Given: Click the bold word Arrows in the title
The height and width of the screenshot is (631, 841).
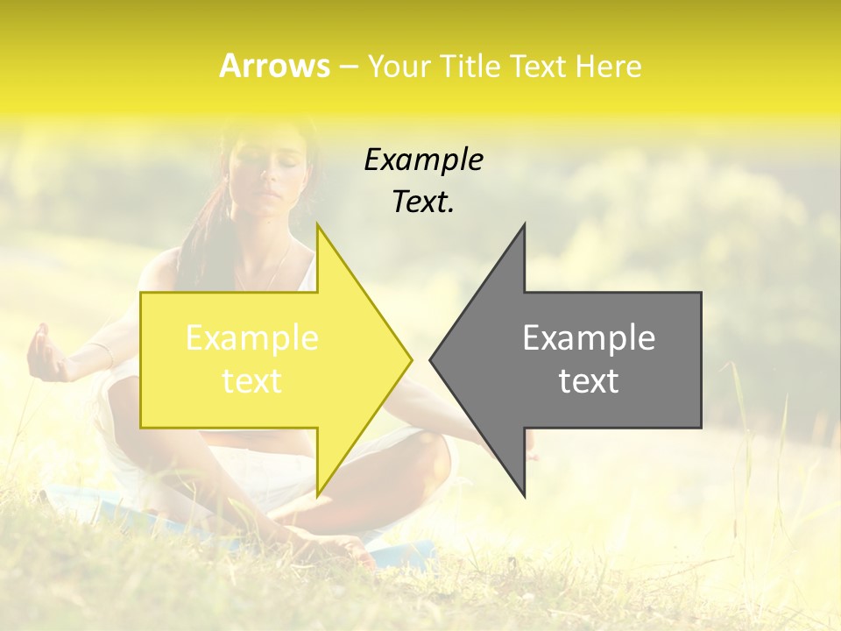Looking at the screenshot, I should click(274, 66).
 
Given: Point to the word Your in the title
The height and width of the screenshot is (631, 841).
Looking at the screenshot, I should click(399, 66).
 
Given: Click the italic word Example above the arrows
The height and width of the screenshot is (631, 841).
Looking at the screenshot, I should click(423, 160).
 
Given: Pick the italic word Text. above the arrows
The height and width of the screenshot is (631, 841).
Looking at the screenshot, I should click(423, 202).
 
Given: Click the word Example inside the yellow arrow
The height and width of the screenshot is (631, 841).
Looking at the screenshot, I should click(252, 338).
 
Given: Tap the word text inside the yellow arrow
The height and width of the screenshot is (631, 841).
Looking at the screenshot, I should click(252, 381).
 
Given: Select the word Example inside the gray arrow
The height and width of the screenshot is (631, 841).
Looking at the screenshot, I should click(589, 338).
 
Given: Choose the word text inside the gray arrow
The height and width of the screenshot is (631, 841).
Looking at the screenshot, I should click(589, 381).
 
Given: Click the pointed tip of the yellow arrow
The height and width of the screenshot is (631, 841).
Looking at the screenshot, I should click(411, 359).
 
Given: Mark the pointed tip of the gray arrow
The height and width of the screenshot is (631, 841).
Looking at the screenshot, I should click(431, 359).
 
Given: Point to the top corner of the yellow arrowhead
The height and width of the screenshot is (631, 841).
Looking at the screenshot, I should click(317, 226).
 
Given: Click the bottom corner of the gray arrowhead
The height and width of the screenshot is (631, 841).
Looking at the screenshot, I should click(524, 494).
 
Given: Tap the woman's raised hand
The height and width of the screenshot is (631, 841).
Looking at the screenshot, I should click(44, 355).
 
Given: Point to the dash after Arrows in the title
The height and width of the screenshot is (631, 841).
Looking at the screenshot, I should click(348, 67).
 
